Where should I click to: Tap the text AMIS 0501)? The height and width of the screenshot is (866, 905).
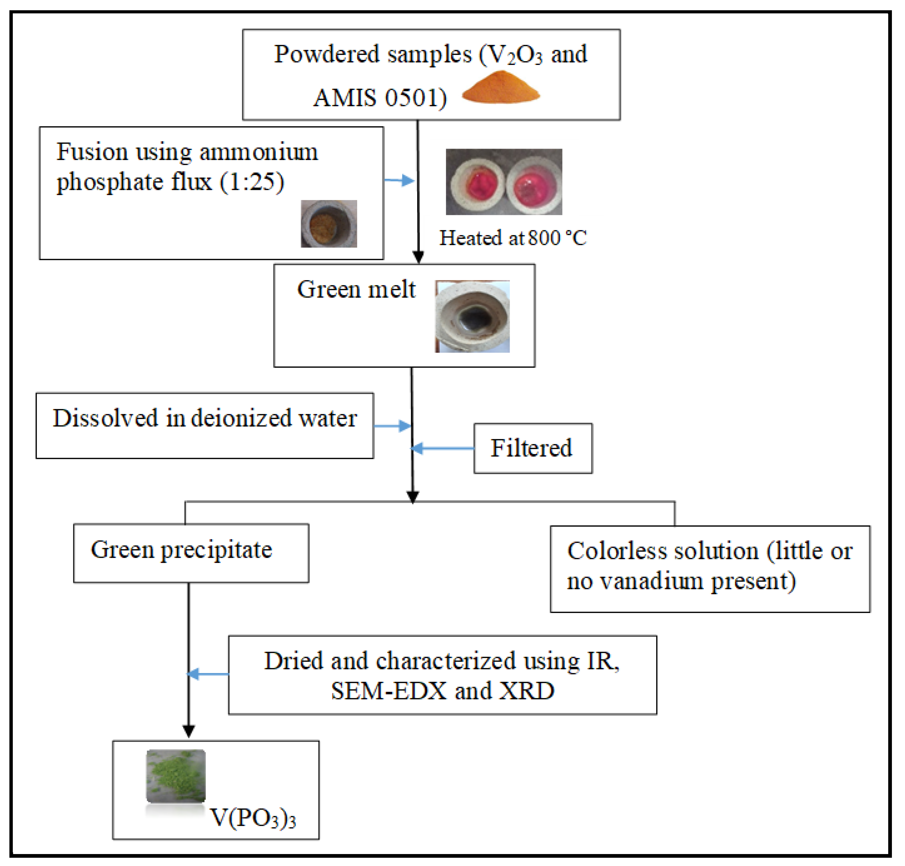click(380, 98)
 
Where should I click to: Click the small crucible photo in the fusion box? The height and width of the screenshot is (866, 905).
click(329, 224)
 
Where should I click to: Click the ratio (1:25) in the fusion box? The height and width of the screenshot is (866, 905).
click(252, 181)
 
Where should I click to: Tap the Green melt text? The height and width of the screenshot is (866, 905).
click(356, 290)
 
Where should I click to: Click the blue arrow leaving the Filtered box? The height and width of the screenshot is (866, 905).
click(442, 448)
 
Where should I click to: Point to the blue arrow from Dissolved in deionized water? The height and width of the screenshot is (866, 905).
click(392, 426)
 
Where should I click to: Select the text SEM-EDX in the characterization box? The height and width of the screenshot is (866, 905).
click(388, 691)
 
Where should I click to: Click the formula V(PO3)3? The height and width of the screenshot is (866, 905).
click(252, 818)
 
